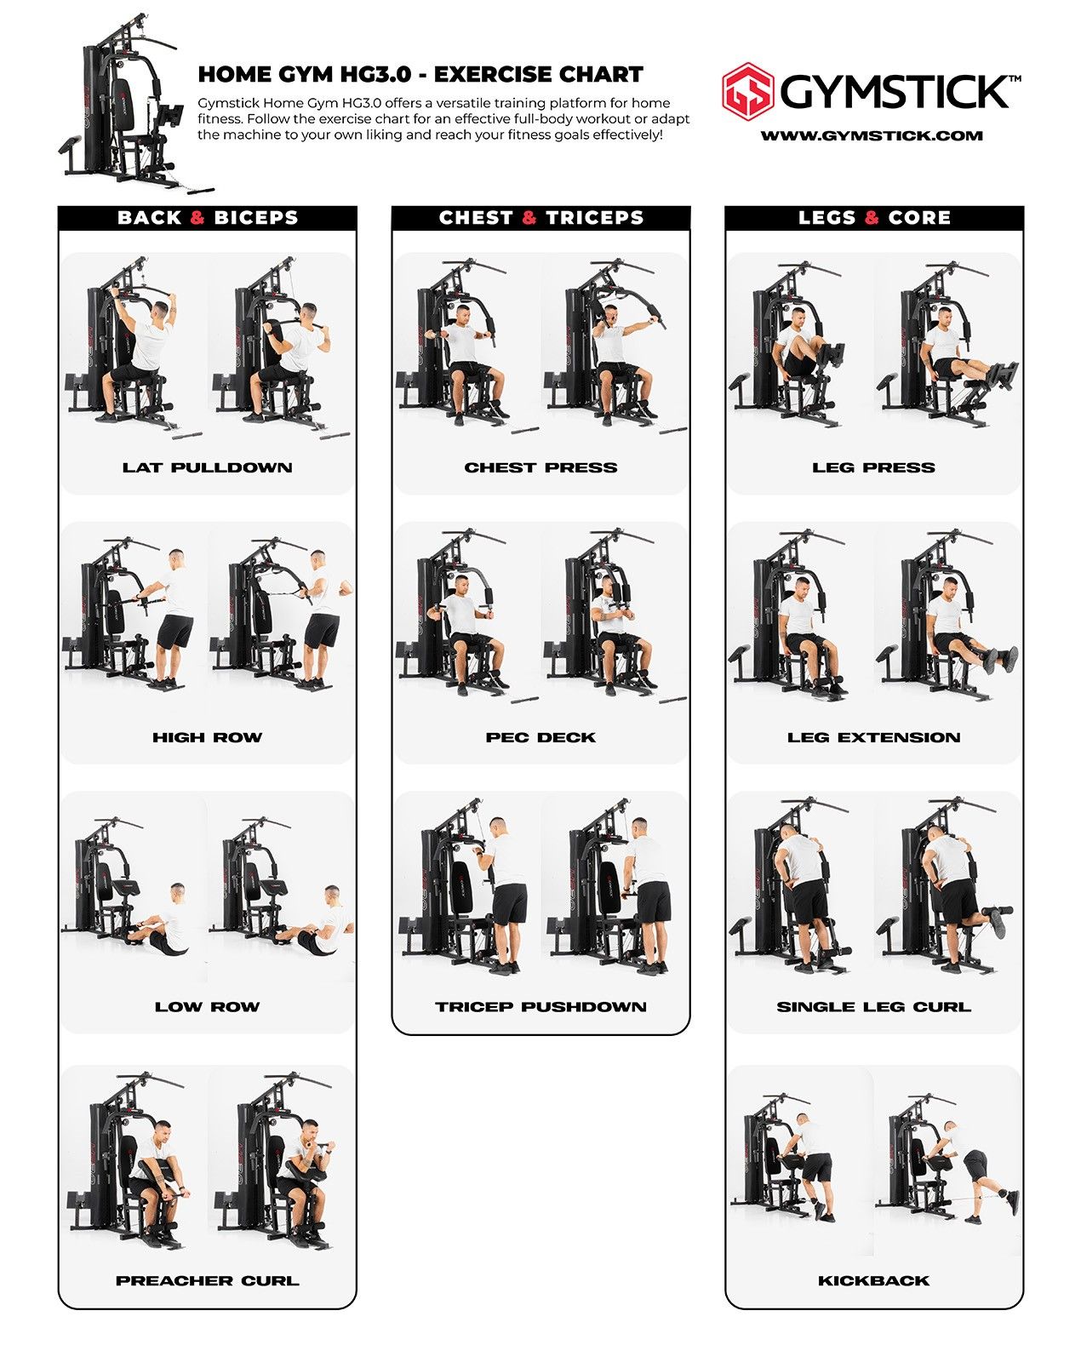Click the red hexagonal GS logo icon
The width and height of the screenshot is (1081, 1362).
[748, 90]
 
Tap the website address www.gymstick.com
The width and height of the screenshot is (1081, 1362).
[872, 135]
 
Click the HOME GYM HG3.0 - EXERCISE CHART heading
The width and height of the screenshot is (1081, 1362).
[420, 75]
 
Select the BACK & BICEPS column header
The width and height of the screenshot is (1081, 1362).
[208, 218]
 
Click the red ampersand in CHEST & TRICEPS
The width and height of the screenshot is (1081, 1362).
[529, 218]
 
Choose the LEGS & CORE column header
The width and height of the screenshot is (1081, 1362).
[874, 218]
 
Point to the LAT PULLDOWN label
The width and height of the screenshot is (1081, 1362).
[208, 467]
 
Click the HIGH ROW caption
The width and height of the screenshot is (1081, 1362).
[208, 737]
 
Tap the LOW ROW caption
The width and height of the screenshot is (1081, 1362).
[208, 1007]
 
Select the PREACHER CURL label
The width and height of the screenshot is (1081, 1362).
[208, 1281]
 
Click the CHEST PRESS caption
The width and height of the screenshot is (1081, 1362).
[540, 467]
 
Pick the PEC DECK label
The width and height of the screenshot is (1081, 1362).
[540, 737]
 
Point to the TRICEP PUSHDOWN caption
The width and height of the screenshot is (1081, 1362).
[540, 1007]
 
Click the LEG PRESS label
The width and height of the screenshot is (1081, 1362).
[874, 467]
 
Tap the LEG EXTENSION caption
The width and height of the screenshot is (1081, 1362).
[874, 737]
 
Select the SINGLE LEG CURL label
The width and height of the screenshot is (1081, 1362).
[874, 1007]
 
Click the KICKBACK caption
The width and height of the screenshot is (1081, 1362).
[874, 1281]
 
